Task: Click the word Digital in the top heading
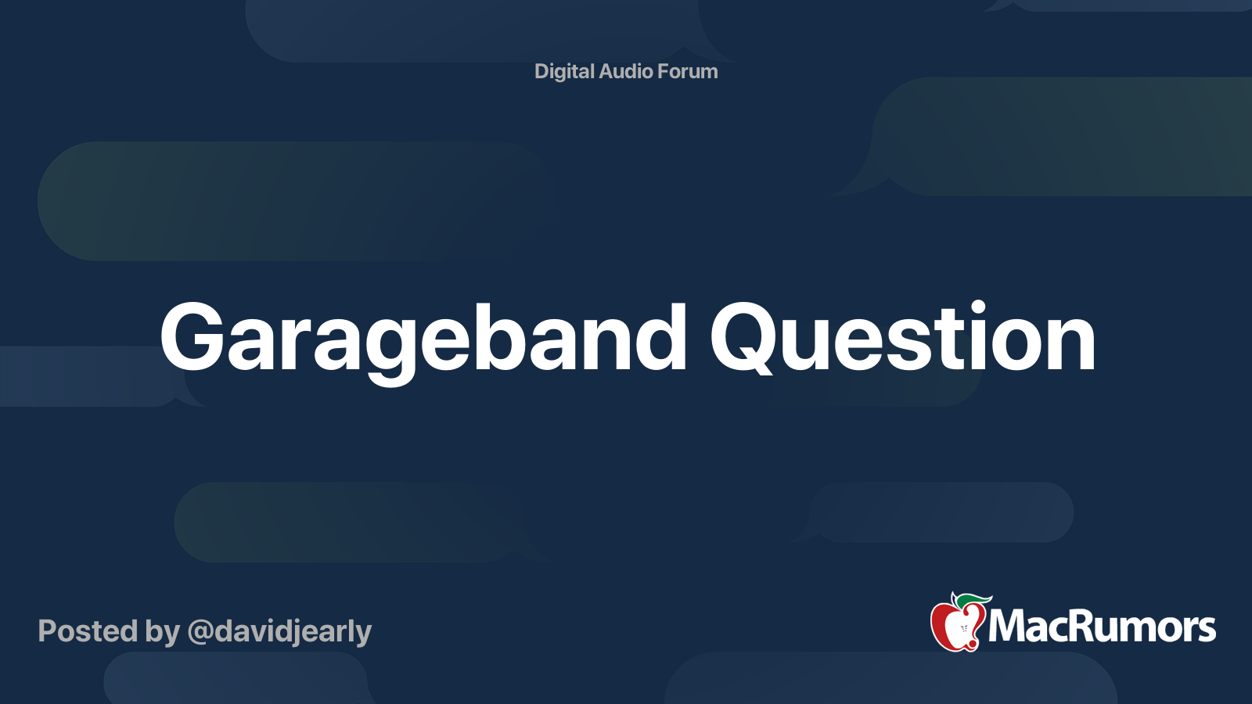pos(564,72)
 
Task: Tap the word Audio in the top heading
pos(625,71)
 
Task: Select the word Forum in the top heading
pos(688,71)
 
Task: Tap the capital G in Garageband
pos(192,336)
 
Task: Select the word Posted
pos(88,630)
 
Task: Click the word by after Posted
pos(163,633)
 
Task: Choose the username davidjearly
pos(293,633)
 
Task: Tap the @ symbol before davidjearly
pos(200,632)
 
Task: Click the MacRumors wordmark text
pos(1102,627)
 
